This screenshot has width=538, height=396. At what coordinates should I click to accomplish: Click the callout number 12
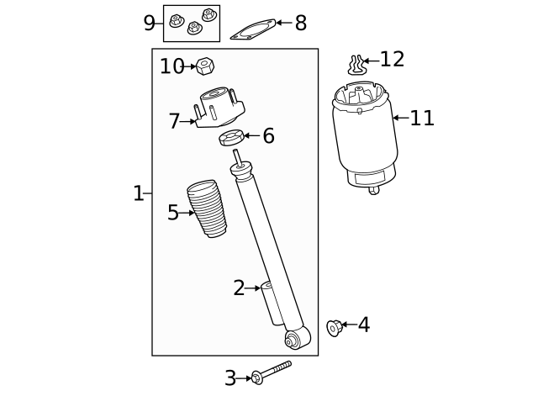tap(392, 60)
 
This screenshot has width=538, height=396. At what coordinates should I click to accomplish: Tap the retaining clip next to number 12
tap(357, 64)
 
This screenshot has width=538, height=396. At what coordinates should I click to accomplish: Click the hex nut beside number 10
tap(204, 66)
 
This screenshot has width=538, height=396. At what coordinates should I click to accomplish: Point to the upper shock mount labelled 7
tap(220, 108)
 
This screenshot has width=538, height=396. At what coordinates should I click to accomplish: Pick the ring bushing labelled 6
tap(231, 137)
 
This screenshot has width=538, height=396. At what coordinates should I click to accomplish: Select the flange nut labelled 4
tap(335, 327)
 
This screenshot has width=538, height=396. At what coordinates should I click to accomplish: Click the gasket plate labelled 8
tap(252, 30)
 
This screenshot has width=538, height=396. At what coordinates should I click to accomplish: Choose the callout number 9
tap(149, 23)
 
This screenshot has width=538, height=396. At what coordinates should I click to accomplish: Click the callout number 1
tap(138, 193)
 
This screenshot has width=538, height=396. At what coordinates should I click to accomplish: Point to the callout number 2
tap(239, 288)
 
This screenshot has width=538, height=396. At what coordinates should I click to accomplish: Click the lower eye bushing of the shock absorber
tap(293, 340)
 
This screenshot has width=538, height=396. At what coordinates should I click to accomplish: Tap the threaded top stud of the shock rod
tap(238, 156)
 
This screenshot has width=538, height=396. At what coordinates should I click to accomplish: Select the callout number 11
tap(422, 119)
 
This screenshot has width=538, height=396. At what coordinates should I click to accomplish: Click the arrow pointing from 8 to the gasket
tap(283, 23)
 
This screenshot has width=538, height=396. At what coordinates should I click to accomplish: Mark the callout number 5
tap(172, 213)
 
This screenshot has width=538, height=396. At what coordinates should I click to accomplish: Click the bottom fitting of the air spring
tap(373, 189)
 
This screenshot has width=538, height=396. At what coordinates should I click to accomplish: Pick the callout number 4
tap(363, 325)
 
